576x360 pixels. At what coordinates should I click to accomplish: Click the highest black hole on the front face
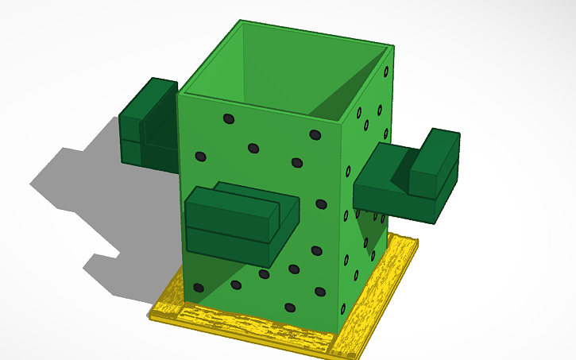tap(229, 118)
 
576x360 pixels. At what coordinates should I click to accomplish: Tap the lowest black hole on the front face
tap(290, 307)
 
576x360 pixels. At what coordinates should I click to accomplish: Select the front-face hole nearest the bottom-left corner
tap(199, 287)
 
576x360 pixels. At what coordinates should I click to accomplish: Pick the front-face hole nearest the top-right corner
tap(315, 134)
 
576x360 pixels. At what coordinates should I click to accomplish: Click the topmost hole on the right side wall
tap(386, 72)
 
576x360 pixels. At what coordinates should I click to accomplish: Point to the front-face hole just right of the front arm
tap(321, 204)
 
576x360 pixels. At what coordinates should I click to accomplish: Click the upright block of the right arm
tap(433, 163)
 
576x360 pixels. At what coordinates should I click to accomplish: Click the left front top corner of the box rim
tap(179, 93)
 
